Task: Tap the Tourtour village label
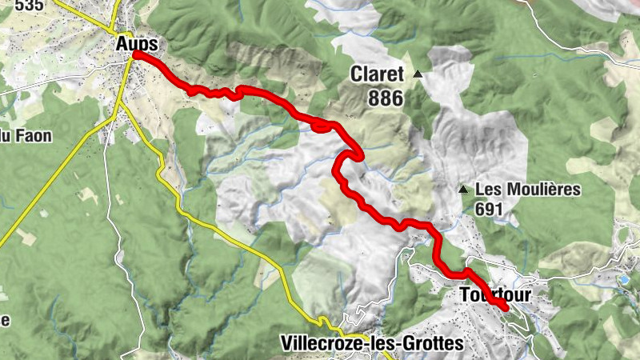click(496, 295)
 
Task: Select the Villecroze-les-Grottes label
click(372, 343)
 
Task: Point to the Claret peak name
click(378, 75)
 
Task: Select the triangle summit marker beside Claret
click(418, 74)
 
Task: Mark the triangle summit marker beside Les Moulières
click(462, 190)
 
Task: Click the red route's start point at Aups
click(137, 54)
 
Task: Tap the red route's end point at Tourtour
click(506, 307)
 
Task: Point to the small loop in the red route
click(322, 125)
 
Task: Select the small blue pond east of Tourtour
click(623, 279)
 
